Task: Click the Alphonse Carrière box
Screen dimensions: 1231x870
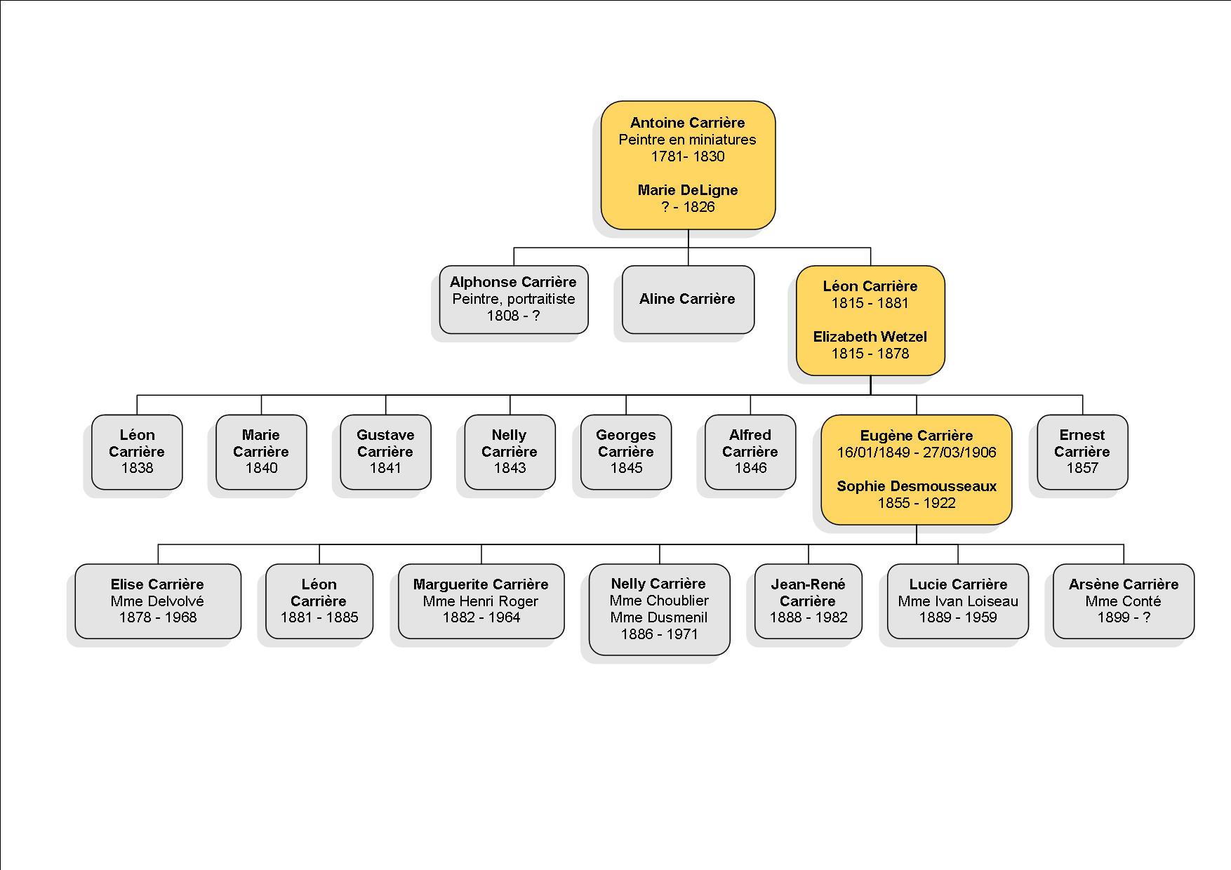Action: click(x=514, y=300)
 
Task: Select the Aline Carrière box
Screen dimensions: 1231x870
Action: click(x=688, y=300)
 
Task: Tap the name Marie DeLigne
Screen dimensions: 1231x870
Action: click(x=688, y=190)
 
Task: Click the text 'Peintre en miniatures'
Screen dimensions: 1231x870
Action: click(x=688, y=140)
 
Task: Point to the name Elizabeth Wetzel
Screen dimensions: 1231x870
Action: click(x=870, y=337)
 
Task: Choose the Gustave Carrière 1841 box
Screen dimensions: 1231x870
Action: click(x=385, y=452)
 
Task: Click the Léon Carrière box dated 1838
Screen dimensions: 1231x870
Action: click(x=137, y=452)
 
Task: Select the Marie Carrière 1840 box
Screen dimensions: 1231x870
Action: click(x=261, y=452)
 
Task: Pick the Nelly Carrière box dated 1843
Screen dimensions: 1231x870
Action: click(x=510, y=452)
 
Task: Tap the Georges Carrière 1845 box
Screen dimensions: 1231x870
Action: click(x=626, y=452)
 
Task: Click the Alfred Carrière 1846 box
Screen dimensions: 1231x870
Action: click(x=750, y=452)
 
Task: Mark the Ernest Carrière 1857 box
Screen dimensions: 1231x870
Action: click(x=1082, y=452)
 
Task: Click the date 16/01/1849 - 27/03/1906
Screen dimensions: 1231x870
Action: click(x=917, y=453)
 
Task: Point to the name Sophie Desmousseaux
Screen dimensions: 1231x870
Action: click(x=917, y=486)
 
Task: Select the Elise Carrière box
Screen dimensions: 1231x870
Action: click(x=158, y=601)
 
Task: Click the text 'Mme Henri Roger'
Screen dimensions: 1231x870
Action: click(x=481, y=601)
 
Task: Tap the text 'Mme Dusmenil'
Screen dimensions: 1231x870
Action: click(x=659, y=617)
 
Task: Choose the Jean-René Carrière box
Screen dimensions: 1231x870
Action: click(x=809, y=601)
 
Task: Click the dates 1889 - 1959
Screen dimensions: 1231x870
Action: click(x=958, y=617)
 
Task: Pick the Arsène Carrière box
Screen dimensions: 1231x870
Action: click(x=1124, y=601)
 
